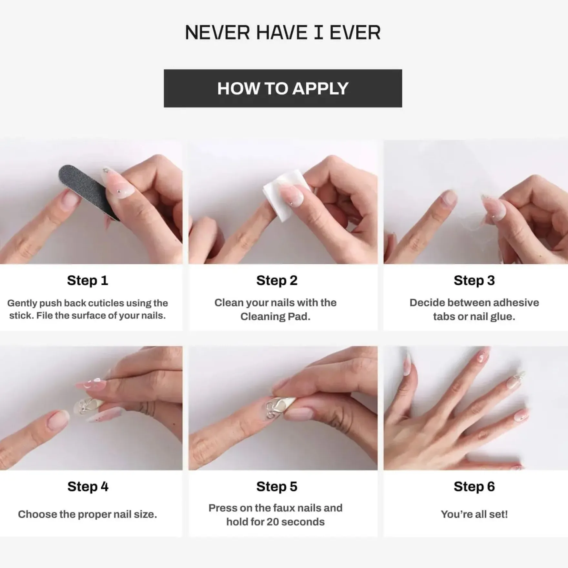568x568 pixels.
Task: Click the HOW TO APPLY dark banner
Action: pyautogui.click(x=283, y=88)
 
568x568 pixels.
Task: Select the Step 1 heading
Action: pyautogui.click(x=87, y=280)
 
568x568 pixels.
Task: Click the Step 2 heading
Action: pyautogui.click(x=277, y=280)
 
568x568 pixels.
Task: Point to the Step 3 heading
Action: pyautogui.click(x=474, y=280)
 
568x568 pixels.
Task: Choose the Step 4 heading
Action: pyautogui.click(x=88, y=487)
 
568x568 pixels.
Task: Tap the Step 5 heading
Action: pyautogui.click(x=277, y=487)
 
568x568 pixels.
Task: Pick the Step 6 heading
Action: pyautogui.click(x=474, y=487)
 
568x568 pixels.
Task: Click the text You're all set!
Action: pyautogui.click(x=474, y=514)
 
